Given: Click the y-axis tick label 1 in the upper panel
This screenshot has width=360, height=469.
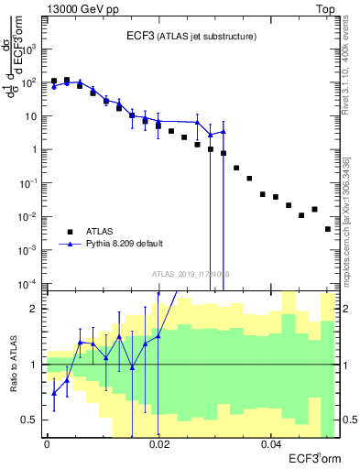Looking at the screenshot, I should pyautogui.click(x=37, y=149).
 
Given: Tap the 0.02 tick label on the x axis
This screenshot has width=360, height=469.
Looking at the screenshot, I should pyautogui.click(x=158, y=444).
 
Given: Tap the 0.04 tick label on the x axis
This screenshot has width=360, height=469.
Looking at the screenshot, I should pyautogui.click(x=270, y=444).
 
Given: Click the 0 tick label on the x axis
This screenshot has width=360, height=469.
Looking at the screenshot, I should pyautogui.click(x=47, y=444).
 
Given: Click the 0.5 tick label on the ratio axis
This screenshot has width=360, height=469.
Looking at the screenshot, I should pyautogui.click(x=30, y=420).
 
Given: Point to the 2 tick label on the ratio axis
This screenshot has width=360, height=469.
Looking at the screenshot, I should pyautogui.click(x=35, y=309).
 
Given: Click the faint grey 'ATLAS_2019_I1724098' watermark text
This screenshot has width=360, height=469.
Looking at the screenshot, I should pyautogui.click(x=190, y=273).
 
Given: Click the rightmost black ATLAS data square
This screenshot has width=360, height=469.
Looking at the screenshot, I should pyautogui.click(x=328, y=229).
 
